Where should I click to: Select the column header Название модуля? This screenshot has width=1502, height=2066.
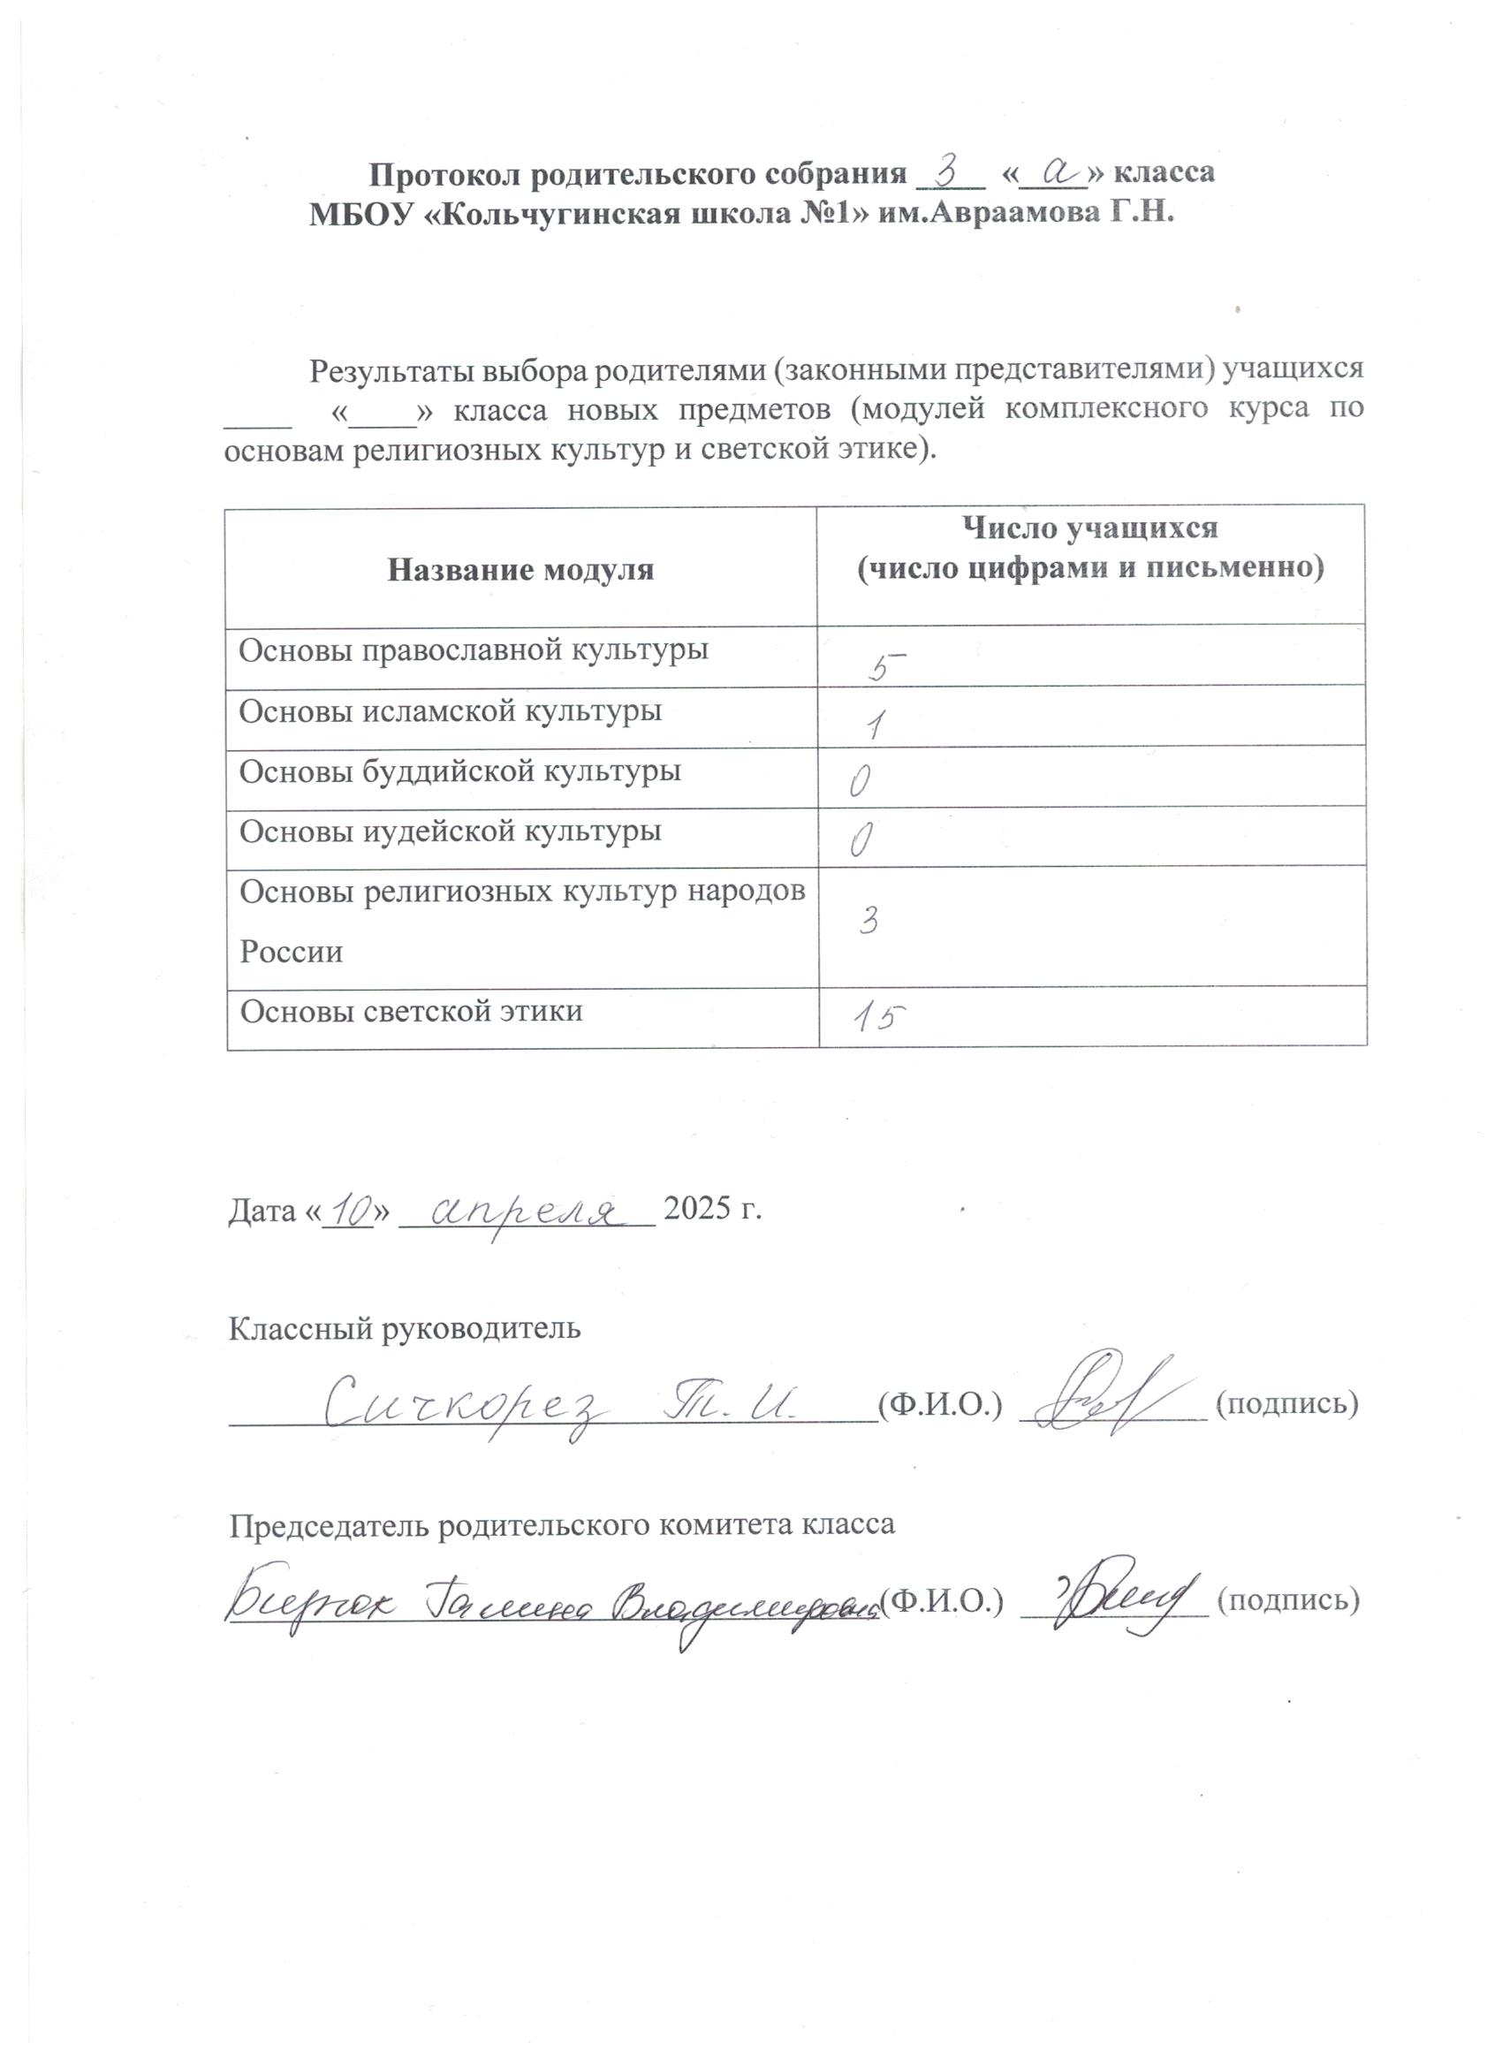(520, 570)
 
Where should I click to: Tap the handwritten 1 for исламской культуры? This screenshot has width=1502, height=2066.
(876, 725)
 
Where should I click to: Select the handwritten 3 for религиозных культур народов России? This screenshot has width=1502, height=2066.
(868, 922)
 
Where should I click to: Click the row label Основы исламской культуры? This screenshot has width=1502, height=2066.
(450, 711)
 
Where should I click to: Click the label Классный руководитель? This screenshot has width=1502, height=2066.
(404, 1328)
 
